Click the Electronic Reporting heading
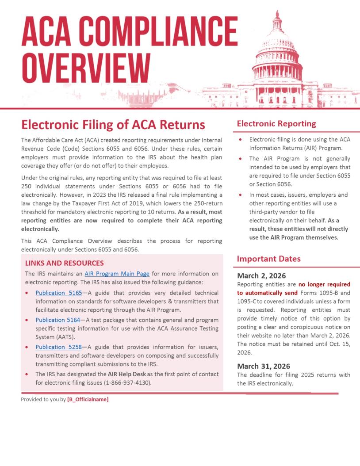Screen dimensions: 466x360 (x=276, y=124)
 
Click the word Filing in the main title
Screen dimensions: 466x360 (x=101, y=124)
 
